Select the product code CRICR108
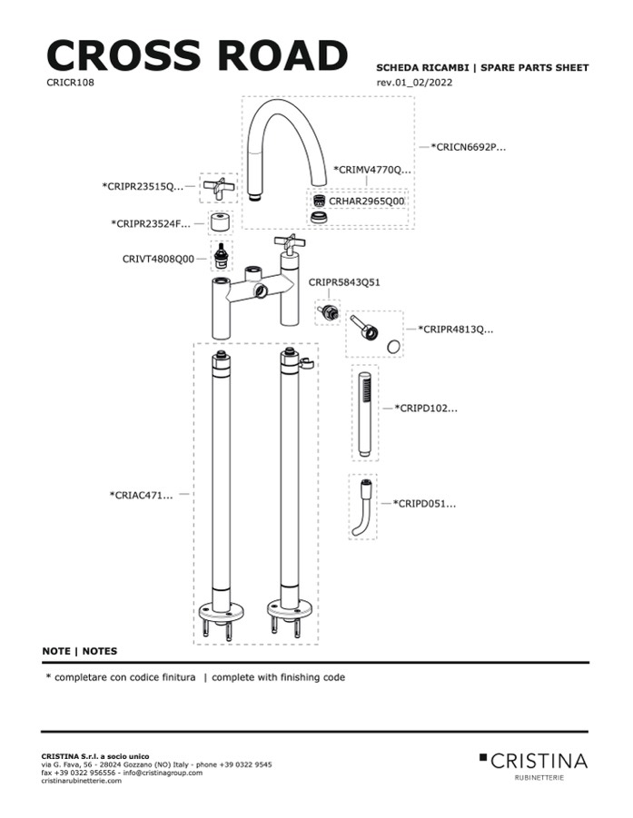(x=70, y=82)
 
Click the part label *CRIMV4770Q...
(x=372, y=169)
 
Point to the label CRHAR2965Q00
(x=367, y=201)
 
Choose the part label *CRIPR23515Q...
(x=143, y=187)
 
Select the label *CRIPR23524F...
(x=151, y=223)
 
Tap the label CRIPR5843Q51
(x=344, y=282)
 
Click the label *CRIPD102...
(x=426, y=409)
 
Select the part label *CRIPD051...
(x=425, y=502)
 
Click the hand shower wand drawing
(x=362, y=413)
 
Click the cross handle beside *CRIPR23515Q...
(x=218, y=187)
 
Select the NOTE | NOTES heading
(x=79, y=651)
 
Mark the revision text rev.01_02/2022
(x=414, y=83)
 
